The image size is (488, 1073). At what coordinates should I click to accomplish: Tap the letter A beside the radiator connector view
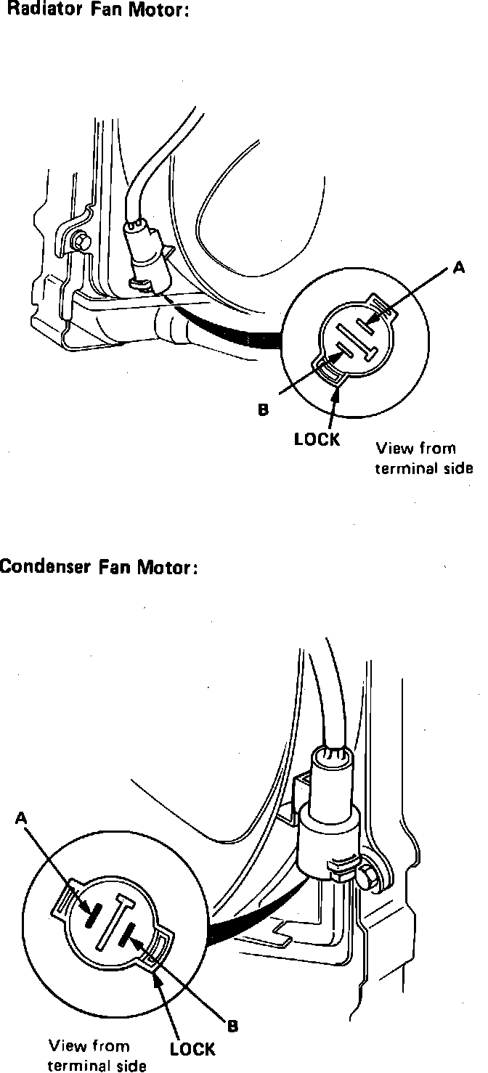458,268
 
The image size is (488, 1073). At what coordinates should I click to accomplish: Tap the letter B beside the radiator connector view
264,409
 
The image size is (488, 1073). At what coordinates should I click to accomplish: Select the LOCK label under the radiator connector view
317,440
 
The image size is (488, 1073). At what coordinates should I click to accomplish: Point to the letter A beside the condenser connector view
21,818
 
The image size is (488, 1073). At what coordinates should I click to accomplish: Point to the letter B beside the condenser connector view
232,1026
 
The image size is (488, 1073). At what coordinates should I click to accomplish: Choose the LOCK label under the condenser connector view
192,1049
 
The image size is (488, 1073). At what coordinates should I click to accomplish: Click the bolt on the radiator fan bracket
79,239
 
